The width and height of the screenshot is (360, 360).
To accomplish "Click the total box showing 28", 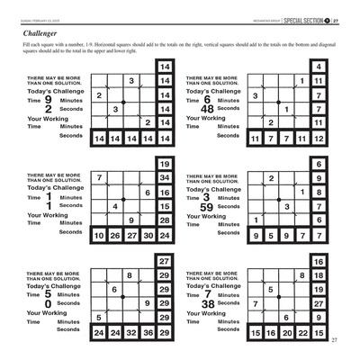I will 164,220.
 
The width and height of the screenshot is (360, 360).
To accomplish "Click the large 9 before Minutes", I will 48,100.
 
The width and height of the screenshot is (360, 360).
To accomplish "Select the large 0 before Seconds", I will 48,304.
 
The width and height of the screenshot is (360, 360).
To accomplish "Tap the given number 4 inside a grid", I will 115,206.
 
